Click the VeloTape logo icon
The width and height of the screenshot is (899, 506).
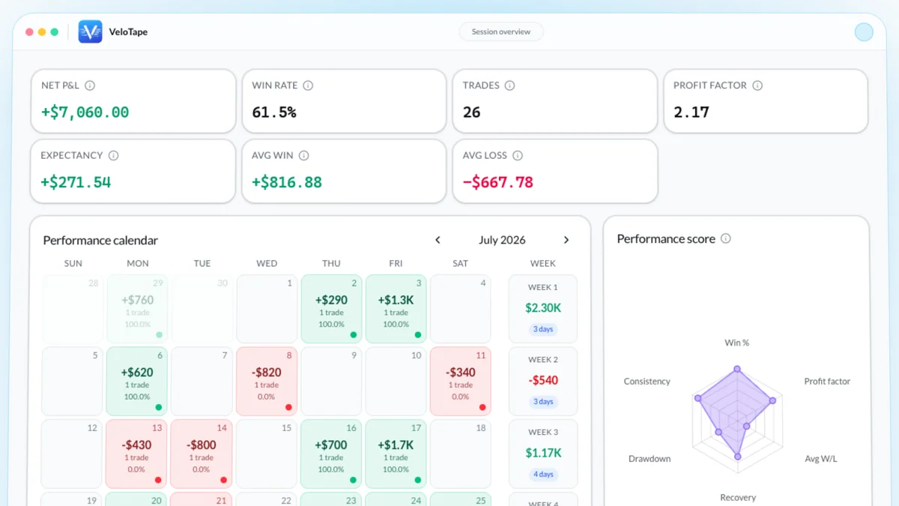(90, 31)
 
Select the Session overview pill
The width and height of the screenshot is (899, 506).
(501, 31)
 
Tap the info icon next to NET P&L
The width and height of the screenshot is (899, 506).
(90, 85)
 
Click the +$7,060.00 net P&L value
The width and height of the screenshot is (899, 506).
(85, 112)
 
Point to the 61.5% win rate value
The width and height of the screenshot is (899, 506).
(274, 112)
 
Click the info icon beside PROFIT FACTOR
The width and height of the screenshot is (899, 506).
(757, 85)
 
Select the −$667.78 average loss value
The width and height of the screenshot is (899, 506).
(497, 182)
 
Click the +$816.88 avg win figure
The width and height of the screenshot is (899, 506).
(286, 182)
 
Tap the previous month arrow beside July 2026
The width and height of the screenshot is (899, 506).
(438, 240)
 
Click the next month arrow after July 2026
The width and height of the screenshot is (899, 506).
(566, 240)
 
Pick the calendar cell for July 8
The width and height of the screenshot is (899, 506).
(267, 381)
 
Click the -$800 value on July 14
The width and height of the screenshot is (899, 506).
(201, 445)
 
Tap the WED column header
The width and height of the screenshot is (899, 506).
(267, 263)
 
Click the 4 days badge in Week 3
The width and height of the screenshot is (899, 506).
(543, 475)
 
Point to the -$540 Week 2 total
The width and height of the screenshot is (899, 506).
(543, 380)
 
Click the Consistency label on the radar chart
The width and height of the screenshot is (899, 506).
(647, 381)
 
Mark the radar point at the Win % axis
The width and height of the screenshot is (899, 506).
(737, 369)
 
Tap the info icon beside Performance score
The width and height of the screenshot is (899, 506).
(726, 238)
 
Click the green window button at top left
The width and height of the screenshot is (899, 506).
(55, 31)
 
